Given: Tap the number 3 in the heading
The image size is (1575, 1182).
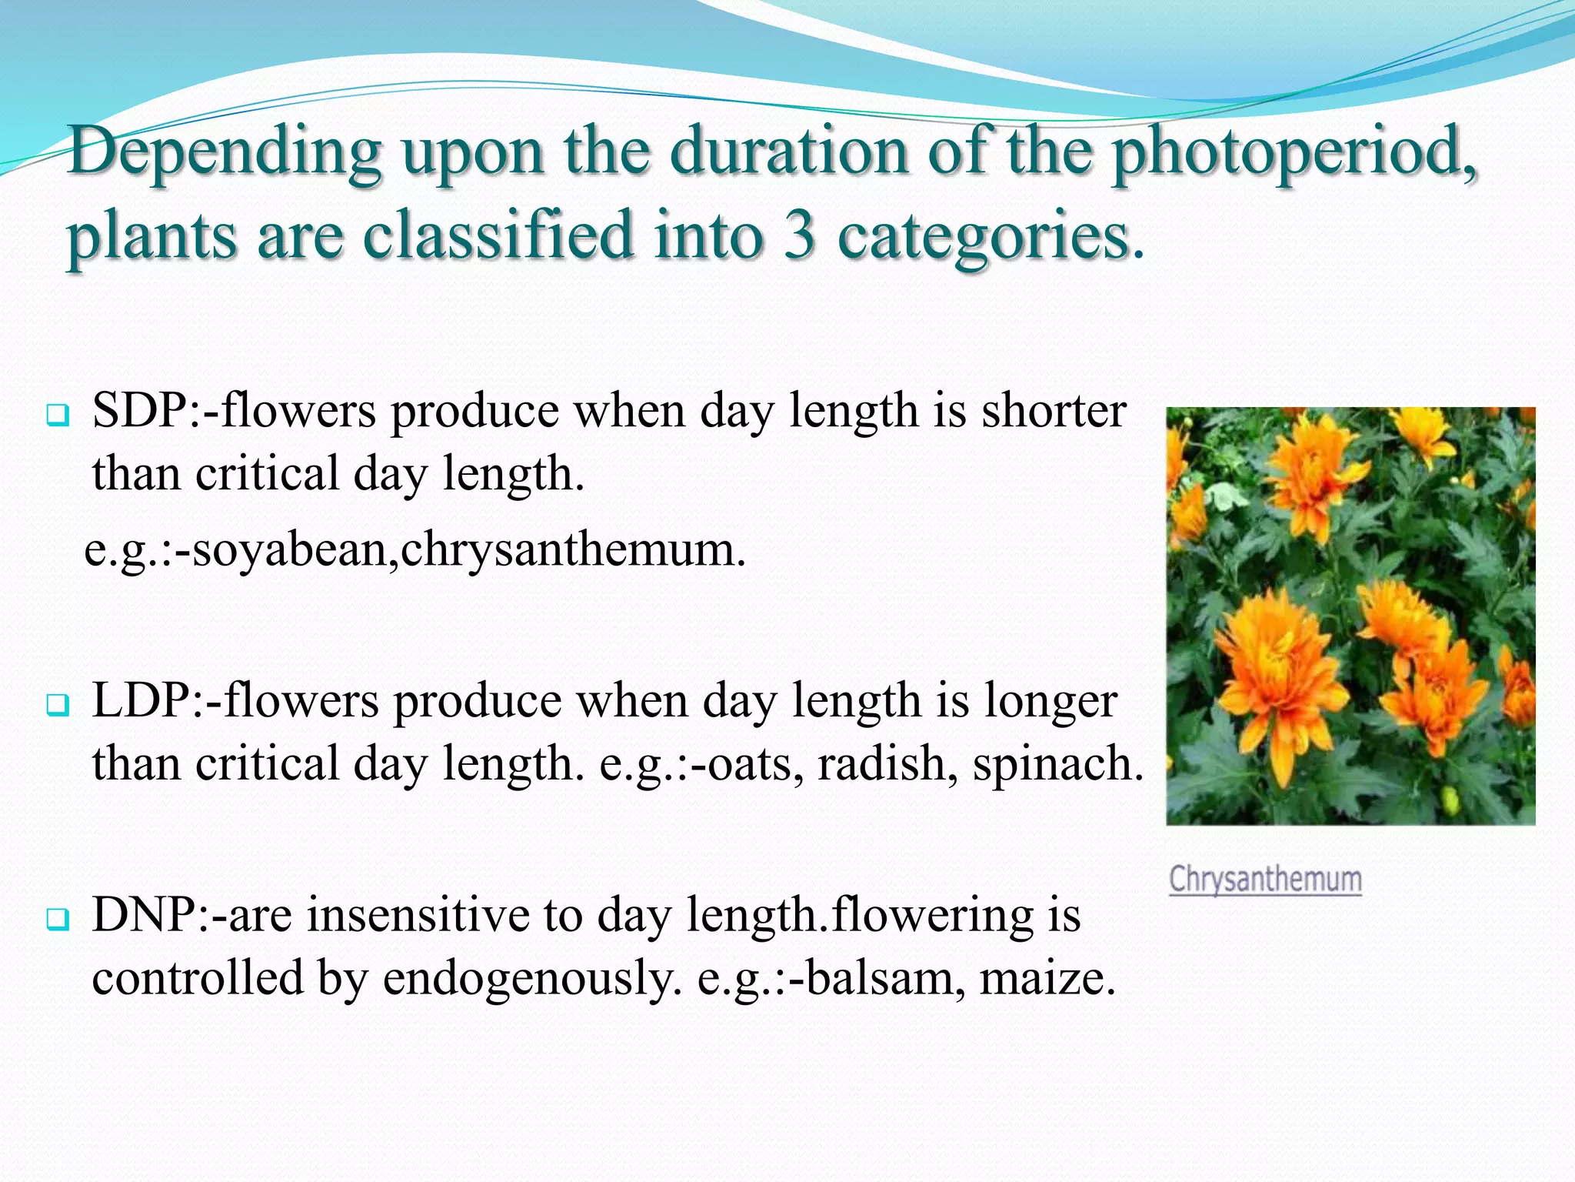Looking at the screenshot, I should click(x=799, y=235).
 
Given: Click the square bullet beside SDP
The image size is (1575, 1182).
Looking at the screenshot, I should click(x=58, y=416).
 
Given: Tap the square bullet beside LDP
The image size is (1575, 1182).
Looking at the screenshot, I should click(x=58, y=705).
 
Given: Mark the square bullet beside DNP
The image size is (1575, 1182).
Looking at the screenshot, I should click(x=58, y=919).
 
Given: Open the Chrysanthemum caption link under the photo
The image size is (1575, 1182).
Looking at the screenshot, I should click(x=1265, y=880).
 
